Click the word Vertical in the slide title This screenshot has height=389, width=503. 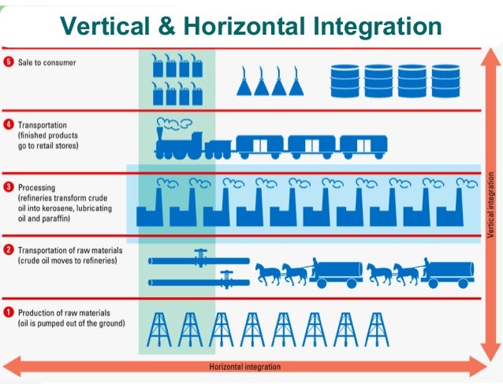point(108,26)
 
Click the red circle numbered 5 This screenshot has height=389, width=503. point(9,62)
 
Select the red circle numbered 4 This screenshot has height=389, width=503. point(9,125)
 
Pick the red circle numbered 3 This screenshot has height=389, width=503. point(9,187)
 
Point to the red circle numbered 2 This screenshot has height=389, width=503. point(9,250)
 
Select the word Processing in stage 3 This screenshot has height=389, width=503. point(38,187)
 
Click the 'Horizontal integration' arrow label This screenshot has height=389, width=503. point(244,367)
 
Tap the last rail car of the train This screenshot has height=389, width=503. point(363,145)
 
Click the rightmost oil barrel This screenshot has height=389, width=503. point(445,80)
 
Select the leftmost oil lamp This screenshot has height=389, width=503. point(246,81)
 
